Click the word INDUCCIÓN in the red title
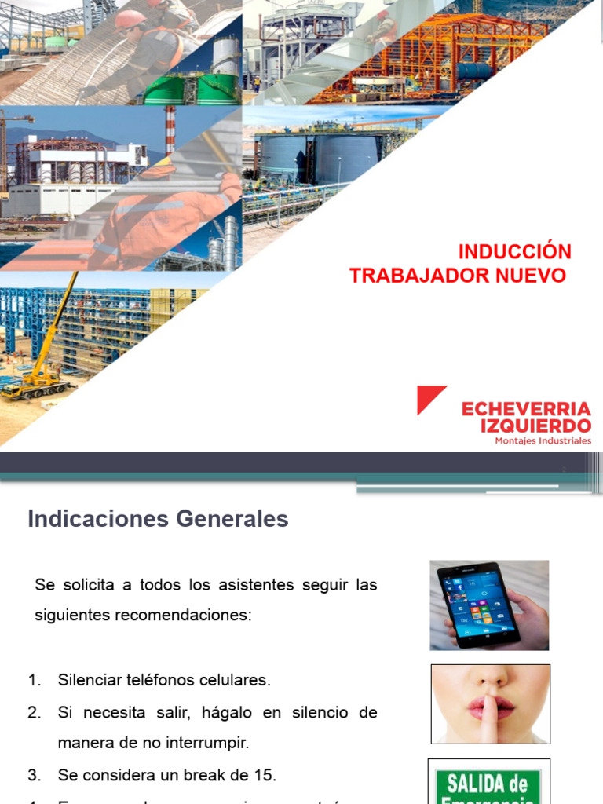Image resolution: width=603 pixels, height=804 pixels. click(x=514, y=252)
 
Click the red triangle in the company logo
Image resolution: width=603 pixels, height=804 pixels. click(x=430, y=399)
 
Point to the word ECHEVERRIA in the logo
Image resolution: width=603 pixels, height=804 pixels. click(x=526, y=409)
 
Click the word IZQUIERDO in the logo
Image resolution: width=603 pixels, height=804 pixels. click(x=536, y=426)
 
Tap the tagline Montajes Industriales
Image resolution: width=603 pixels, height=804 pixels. click(x=543, y=441)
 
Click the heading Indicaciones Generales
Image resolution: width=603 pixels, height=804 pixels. click(x=158, y=519)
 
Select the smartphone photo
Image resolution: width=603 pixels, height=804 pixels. click(x=489, y=605)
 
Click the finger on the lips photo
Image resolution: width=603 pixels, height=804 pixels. click(x=490, y=704)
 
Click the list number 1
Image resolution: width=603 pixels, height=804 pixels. click(x=34, y=680)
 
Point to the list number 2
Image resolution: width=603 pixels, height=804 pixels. click(x=34, y=712)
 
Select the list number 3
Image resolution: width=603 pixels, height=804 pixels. click(x=34, y=775)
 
